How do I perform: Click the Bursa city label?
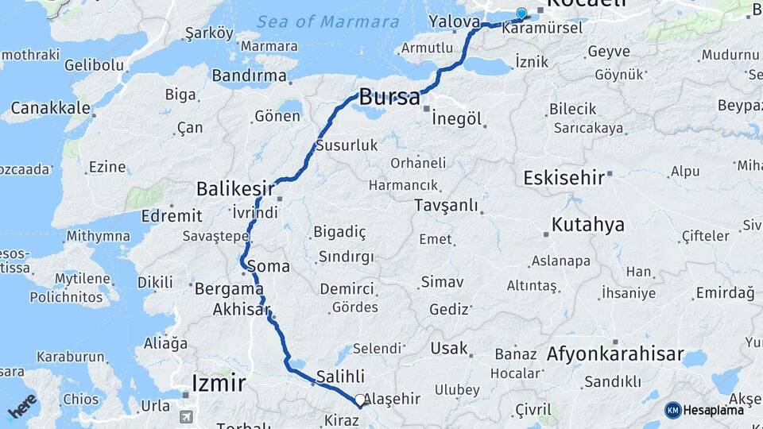click(389, 98)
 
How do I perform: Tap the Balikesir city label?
click(235, 189)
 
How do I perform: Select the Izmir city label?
click(218, 384)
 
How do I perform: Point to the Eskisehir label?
click(564, 177)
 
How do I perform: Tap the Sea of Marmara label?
click(328, 21)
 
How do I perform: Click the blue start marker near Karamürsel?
click(521, 14)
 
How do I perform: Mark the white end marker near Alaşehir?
click(360, 400)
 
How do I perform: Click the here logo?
click(22, 405)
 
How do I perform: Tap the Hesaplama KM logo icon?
click(673, 410)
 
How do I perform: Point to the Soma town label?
click(268, 265)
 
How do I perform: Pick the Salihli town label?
click(339, 377)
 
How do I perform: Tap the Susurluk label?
click(346, 145)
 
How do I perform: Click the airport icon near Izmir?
click(186, 416)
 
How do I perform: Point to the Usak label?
click(448, 348)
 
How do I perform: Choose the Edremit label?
click(171, 215)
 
